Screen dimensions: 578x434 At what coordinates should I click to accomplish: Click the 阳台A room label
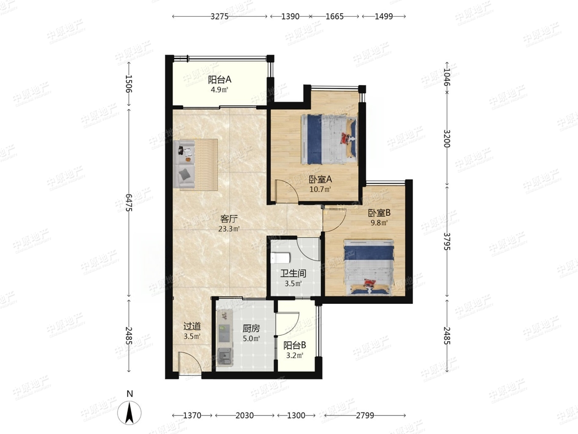pos(219,80)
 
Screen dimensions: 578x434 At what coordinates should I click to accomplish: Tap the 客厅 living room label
pos(229,219)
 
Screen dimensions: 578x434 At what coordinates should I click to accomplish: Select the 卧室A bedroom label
pos(320,179)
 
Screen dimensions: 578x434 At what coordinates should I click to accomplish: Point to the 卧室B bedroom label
pos(379,213)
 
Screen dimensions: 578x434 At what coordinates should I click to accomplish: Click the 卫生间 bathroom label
pos(293,273)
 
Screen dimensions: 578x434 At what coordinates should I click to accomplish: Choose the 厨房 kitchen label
pos(251,328)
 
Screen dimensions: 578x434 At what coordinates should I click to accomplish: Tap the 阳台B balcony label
pos(295,345)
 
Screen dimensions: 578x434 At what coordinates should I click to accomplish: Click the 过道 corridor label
pos(192,326)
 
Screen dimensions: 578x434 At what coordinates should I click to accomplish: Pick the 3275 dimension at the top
pos(219,17)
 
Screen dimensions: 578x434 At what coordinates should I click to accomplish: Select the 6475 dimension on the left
pos(129,203)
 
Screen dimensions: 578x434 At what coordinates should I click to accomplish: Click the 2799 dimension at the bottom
pos(365,415)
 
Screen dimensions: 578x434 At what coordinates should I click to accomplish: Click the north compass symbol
pos(129,412)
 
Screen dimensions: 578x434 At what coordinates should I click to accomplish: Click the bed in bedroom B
pos(369,267)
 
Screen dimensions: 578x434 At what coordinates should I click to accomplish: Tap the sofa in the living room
pos(184,165)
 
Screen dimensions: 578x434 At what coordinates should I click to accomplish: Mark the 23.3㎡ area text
pos(229,229)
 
